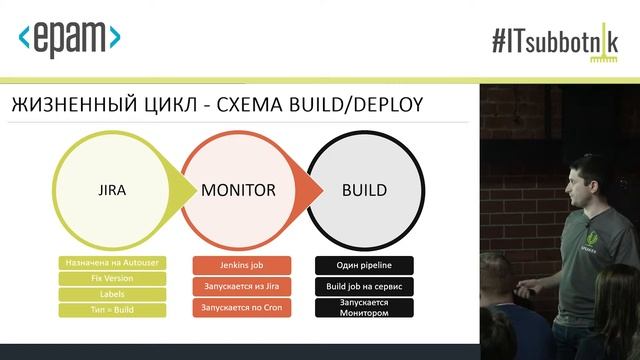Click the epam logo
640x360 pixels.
tap(69, 39)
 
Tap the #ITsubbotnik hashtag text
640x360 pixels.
tap(555, 42)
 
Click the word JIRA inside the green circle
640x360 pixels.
tap(112, 191)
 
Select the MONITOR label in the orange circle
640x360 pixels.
tap(238, 190)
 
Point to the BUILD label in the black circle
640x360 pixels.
tap(364, 190)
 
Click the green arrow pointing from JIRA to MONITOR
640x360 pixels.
tap(182, 191)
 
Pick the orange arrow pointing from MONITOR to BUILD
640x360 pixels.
tap(309, 191)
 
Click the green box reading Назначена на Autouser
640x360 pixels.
tap(112, 263)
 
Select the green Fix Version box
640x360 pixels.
tap(112, 278)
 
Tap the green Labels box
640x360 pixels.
tap(112, 294)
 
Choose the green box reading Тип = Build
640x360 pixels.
tap(112, 310)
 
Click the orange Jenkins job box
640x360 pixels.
tap(242, 265)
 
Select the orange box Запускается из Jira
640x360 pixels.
tap(242, 287)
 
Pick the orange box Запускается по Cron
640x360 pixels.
tap(242, 308)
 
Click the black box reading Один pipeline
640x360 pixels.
tap(364, 265)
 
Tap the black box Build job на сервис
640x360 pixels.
tap(364, 287)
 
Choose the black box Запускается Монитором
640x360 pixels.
tap(364, 308)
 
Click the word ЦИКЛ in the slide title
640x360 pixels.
tap(171, 105)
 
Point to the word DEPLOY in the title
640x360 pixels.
tap(388, 105)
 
